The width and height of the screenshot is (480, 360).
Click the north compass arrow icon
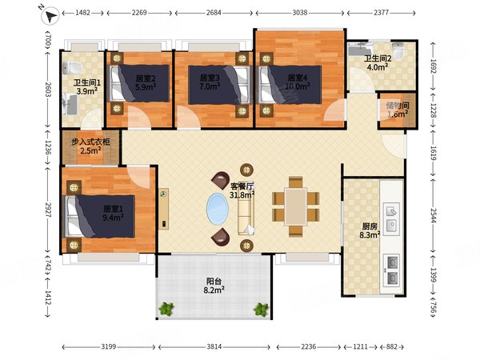50,15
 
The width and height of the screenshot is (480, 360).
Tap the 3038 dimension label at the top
300,13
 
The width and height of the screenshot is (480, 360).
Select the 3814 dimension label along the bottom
214,347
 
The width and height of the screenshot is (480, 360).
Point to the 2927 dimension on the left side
48,210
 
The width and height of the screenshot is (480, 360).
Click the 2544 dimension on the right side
434,216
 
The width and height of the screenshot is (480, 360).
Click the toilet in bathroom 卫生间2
398,50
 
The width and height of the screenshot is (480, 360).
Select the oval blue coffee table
218,209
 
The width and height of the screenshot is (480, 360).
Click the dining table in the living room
296,206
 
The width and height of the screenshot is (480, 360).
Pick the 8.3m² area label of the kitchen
370,235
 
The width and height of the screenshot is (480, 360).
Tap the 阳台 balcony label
214,281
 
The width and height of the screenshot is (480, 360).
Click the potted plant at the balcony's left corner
166,309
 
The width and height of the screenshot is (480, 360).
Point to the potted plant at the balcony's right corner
261,309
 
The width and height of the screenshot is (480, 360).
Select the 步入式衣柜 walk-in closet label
90,142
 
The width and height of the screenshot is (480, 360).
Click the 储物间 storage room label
398,106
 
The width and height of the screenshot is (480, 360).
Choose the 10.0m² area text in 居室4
298,86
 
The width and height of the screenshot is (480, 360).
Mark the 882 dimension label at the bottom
391,347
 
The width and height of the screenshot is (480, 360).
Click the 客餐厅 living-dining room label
242,186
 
